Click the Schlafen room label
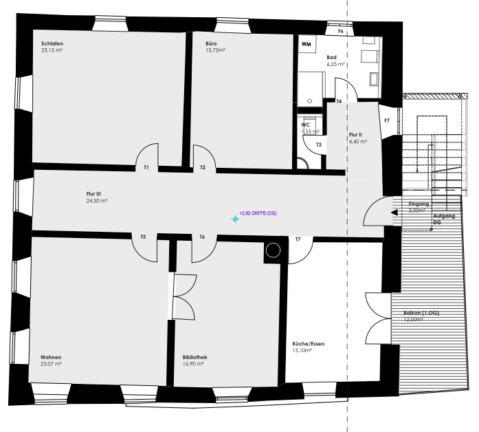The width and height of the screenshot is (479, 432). pyautogui.click(x=52, y=44)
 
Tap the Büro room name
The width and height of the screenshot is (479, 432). pyautogui.click(x=211, y=44)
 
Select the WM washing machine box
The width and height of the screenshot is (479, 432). pyautogui.click(x=307, y=44)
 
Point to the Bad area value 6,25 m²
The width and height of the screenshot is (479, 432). pyautogui.click(x=336, y=64)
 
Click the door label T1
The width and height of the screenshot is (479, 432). pyautogui.click(x=146, y=168)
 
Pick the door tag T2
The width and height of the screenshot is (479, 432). pyautogui.click(x=203, y=168)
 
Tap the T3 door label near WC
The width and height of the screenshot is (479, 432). pyautogui.click(x=319, y=144)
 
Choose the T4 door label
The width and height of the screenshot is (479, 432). pyautogui.click(x=339, y=101)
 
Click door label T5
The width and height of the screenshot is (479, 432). pyautogui.click(x=143, y=237)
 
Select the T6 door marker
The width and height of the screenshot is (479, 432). pyautogui.click(x=202, y=237)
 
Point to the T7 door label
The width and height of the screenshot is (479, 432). pyautogui.click(x=298, y=239)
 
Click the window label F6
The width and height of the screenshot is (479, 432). pyautogui.click(x=341, y=31)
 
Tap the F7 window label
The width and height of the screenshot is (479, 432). pyautogui.click(x=387, y=121)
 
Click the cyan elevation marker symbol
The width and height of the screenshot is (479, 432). pyautogui.click(x=235, y=219)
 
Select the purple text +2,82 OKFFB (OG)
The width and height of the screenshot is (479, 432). pyautogui.click(x=258, y=213)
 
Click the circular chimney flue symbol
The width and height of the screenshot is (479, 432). pyautogui.click(x=273, y=250)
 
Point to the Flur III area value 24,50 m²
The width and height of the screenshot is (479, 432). pyautogui.click(x=97, y=201)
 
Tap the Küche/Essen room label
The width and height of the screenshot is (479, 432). pyautogui.click(x=309, y=344)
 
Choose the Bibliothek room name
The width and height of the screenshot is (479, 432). pyautogui.click(x=195, y=357)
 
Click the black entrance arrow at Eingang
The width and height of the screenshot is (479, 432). pyautogui.click(x=394, y=213)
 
